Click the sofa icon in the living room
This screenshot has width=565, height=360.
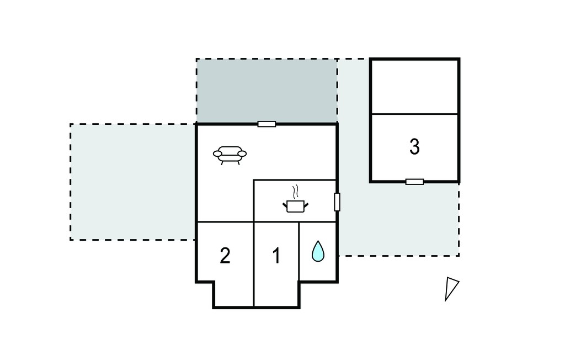(x=230, y=155)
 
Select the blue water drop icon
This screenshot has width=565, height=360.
(x=318, y=251)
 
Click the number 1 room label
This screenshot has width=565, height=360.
(x=276, y=256)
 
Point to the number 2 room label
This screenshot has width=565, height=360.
(x=225, y=256)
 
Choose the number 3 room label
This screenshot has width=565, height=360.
(x=414, y=147)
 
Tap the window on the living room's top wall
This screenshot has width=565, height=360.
(x=266, y=124)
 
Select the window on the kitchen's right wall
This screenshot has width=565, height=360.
(x=337, y=202)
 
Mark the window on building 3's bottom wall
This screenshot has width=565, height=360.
(x=414, y=182)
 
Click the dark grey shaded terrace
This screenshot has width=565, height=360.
(x=266, y=91)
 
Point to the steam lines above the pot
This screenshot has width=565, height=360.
(x=296, y=192)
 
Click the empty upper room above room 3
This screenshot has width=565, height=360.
(x=414, y=87)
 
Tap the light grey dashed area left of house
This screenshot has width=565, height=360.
(x=132, y=182)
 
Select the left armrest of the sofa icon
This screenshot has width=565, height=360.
(x=217, y=153)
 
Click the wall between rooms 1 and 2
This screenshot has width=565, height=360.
(x=254, y=264)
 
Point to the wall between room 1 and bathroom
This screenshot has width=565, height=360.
(x=299, y=251)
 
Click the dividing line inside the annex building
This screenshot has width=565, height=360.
(x=414, y=114)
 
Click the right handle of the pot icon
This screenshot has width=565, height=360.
(x=306, y=205)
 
